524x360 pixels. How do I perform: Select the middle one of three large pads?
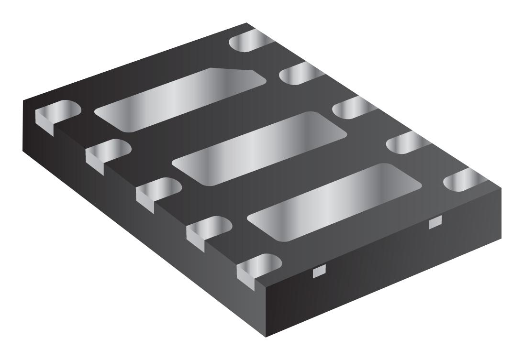258,149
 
